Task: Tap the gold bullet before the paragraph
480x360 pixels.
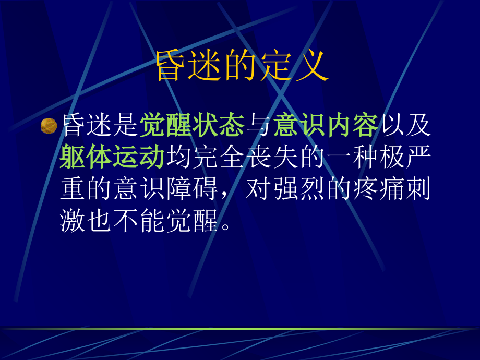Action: click(x=49, y=126)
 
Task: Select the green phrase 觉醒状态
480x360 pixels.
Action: click(x=192, y=126)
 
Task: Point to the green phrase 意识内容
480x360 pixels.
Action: click(x=326, y=126)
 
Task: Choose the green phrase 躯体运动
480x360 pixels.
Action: click(x=112, y=158)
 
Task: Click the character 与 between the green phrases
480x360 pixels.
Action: click(x=259, y=126)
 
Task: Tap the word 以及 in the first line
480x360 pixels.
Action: click(x=405, y=126)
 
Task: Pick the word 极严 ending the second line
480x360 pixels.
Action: click(x=405, y=158)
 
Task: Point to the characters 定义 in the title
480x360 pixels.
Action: click(x=303, y=66)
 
